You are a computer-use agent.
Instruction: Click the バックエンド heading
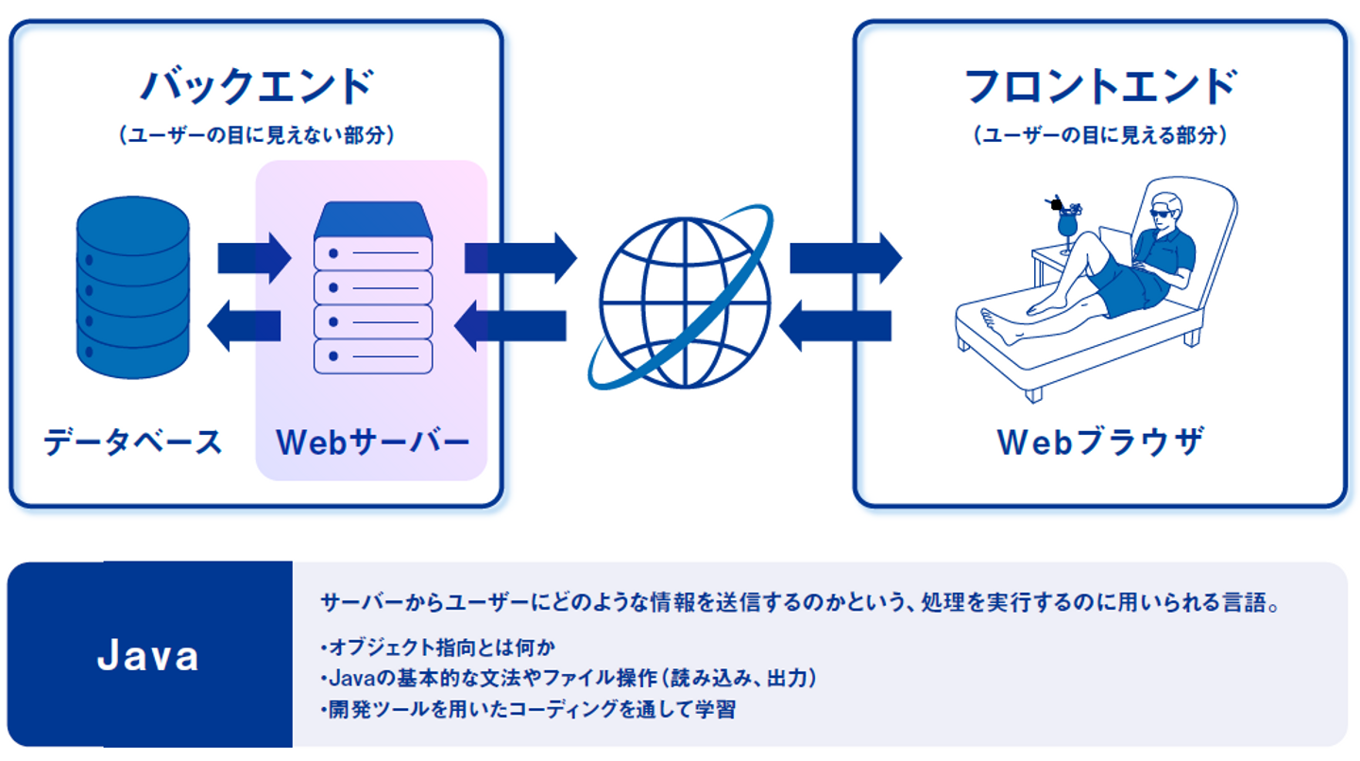pos(256,87)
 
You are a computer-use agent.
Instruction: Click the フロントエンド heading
pos(1099,87)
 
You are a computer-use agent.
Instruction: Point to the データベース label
pos(133,441)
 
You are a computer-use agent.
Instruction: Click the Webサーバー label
pos(372,441)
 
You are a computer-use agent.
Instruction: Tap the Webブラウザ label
pos(1100,441)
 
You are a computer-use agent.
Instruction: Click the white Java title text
pos(148,656)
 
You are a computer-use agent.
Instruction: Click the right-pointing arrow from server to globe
pos(519,257)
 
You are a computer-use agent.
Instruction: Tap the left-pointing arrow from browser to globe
pos(835,326)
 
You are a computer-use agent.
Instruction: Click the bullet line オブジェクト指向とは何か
pos(438,648)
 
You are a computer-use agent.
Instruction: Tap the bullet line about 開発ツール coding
pos(528,709)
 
